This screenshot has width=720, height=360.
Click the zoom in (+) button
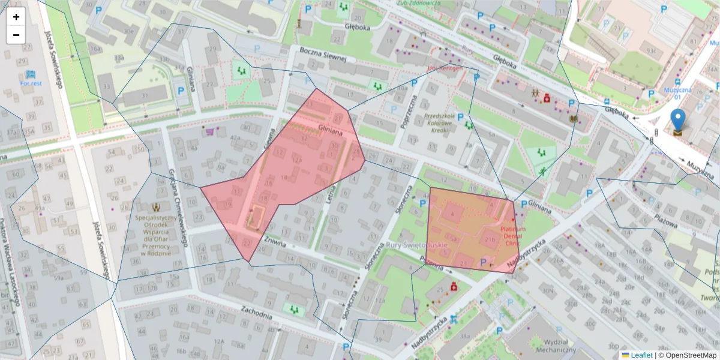tap(16, 17)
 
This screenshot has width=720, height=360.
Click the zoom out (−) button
tap(16, 35)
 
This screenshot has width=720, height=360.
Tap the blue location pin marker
tap(677, 121)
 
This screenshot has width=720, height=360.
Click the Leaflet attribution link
tap(641, 355)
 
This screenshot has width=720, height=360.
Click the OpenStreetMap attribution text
tap(687, 355)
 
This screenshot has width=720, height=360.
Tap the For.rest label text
tap(31, 83)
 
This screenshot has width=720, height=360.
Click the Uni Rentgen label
tap(445, 68)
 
